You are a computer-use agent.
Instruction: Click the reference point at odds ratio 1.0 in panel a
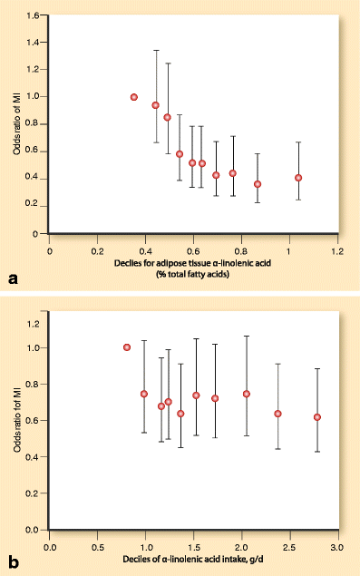[x=134, y=97]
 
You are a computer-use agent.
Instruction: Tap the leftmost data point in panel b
[x=127, y=347]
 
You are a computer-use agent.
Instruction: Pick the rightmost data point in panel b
[x=317, y=417]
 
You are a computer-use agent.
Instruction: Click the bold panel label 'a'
[x=13, y=279]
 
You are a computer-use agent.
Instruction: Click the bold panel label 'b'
[x=13, y=563]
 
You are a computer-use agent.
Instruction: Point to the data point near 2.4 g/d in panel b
[x=278, y=414]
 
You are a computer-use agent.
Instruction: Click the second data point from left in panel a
[x=156, y=106]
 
